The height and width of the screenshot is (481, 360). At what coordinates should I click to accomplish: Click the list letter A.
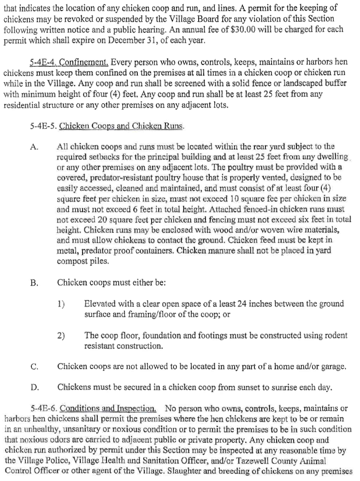pyautogui.click(x=33, y=147)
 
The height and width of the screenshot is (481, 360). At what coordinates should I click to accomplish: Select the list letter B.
pyautogui.click(x=33, y=282)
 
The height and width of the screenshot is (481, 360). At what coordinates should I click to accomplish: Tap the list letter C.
pyautogui.click(x=33, y=367)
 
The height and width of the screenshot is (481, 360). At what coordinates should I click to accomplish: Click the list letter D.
pyautogui.click(x=33, y=387)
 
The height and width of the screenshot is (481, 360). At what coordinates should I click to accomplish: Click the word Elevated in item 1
pyautogui.click(x=100, y=304)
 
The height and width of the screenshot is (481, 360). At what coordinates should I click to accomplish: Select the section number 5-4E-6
pyautogui.click(x=44, y=409)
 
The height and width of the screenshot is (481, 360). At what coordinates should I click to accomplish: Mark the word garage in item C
pyautogui.click(x=332, y=367)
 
